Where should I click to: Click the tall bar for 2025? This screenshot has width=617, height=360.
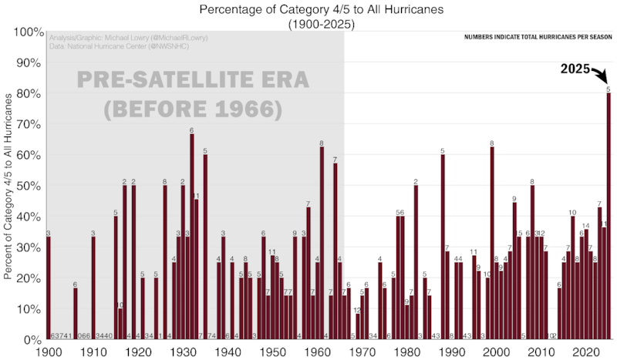click(x=609, y=216)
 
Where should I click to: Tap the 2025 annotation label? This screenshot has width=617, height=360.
click(x=575, y=71)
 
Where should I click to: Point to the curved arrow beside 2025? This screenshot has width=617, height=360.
click(x=601, y=75)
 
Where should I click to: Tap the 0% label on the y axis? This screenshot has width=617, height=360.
click(x=32, y=340)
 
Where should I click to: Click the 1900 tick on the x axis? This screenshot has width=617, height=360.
click(x=49, y=352)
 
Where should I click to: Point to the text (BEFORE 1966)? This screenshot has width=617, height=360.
click(x=194, y=109)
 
